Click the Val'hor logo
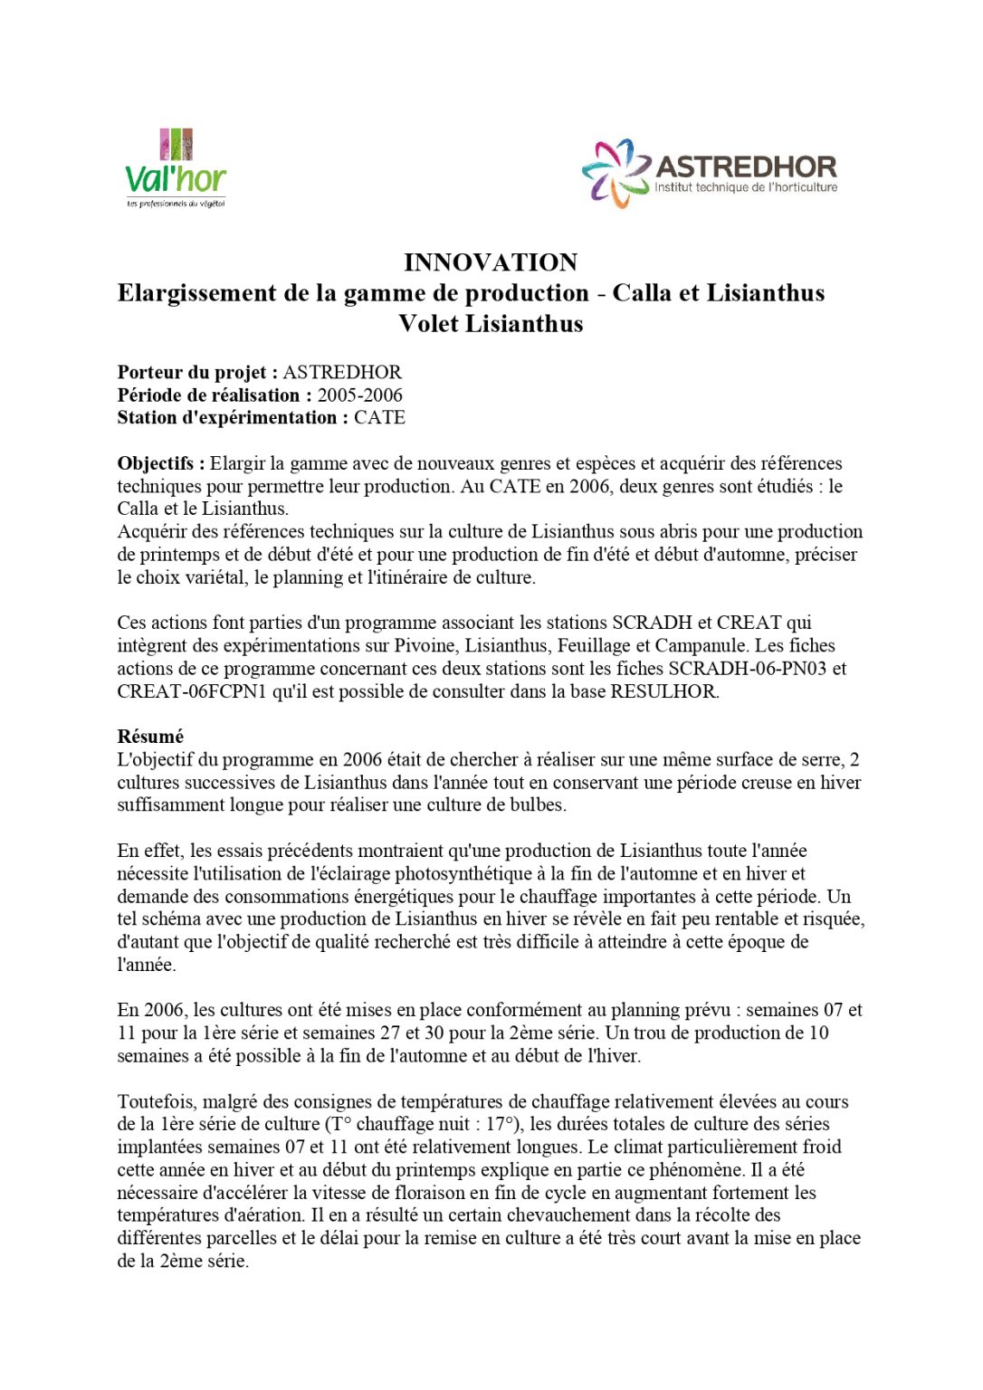pyautogui.click(x=176, y=169)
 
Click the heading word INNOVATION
pyautogui.click(x=491, y=262)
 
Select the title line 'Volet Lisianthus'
pyautogui.click(x=491, y=323)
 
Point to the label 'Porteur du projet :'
pyautogui.click(x=197, y=372)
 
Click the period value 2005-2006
pyautogui.click(x=359, y=395)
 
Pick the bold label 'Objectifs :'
pyautogui.click(x=161, y=463)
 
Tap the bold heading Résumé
pyautogui.click(x=150, y=737)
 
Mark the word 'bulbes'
pyautogui.click(x=538, y=804)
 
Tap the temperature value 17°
pyautogui.click(x=506, y=1124)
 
